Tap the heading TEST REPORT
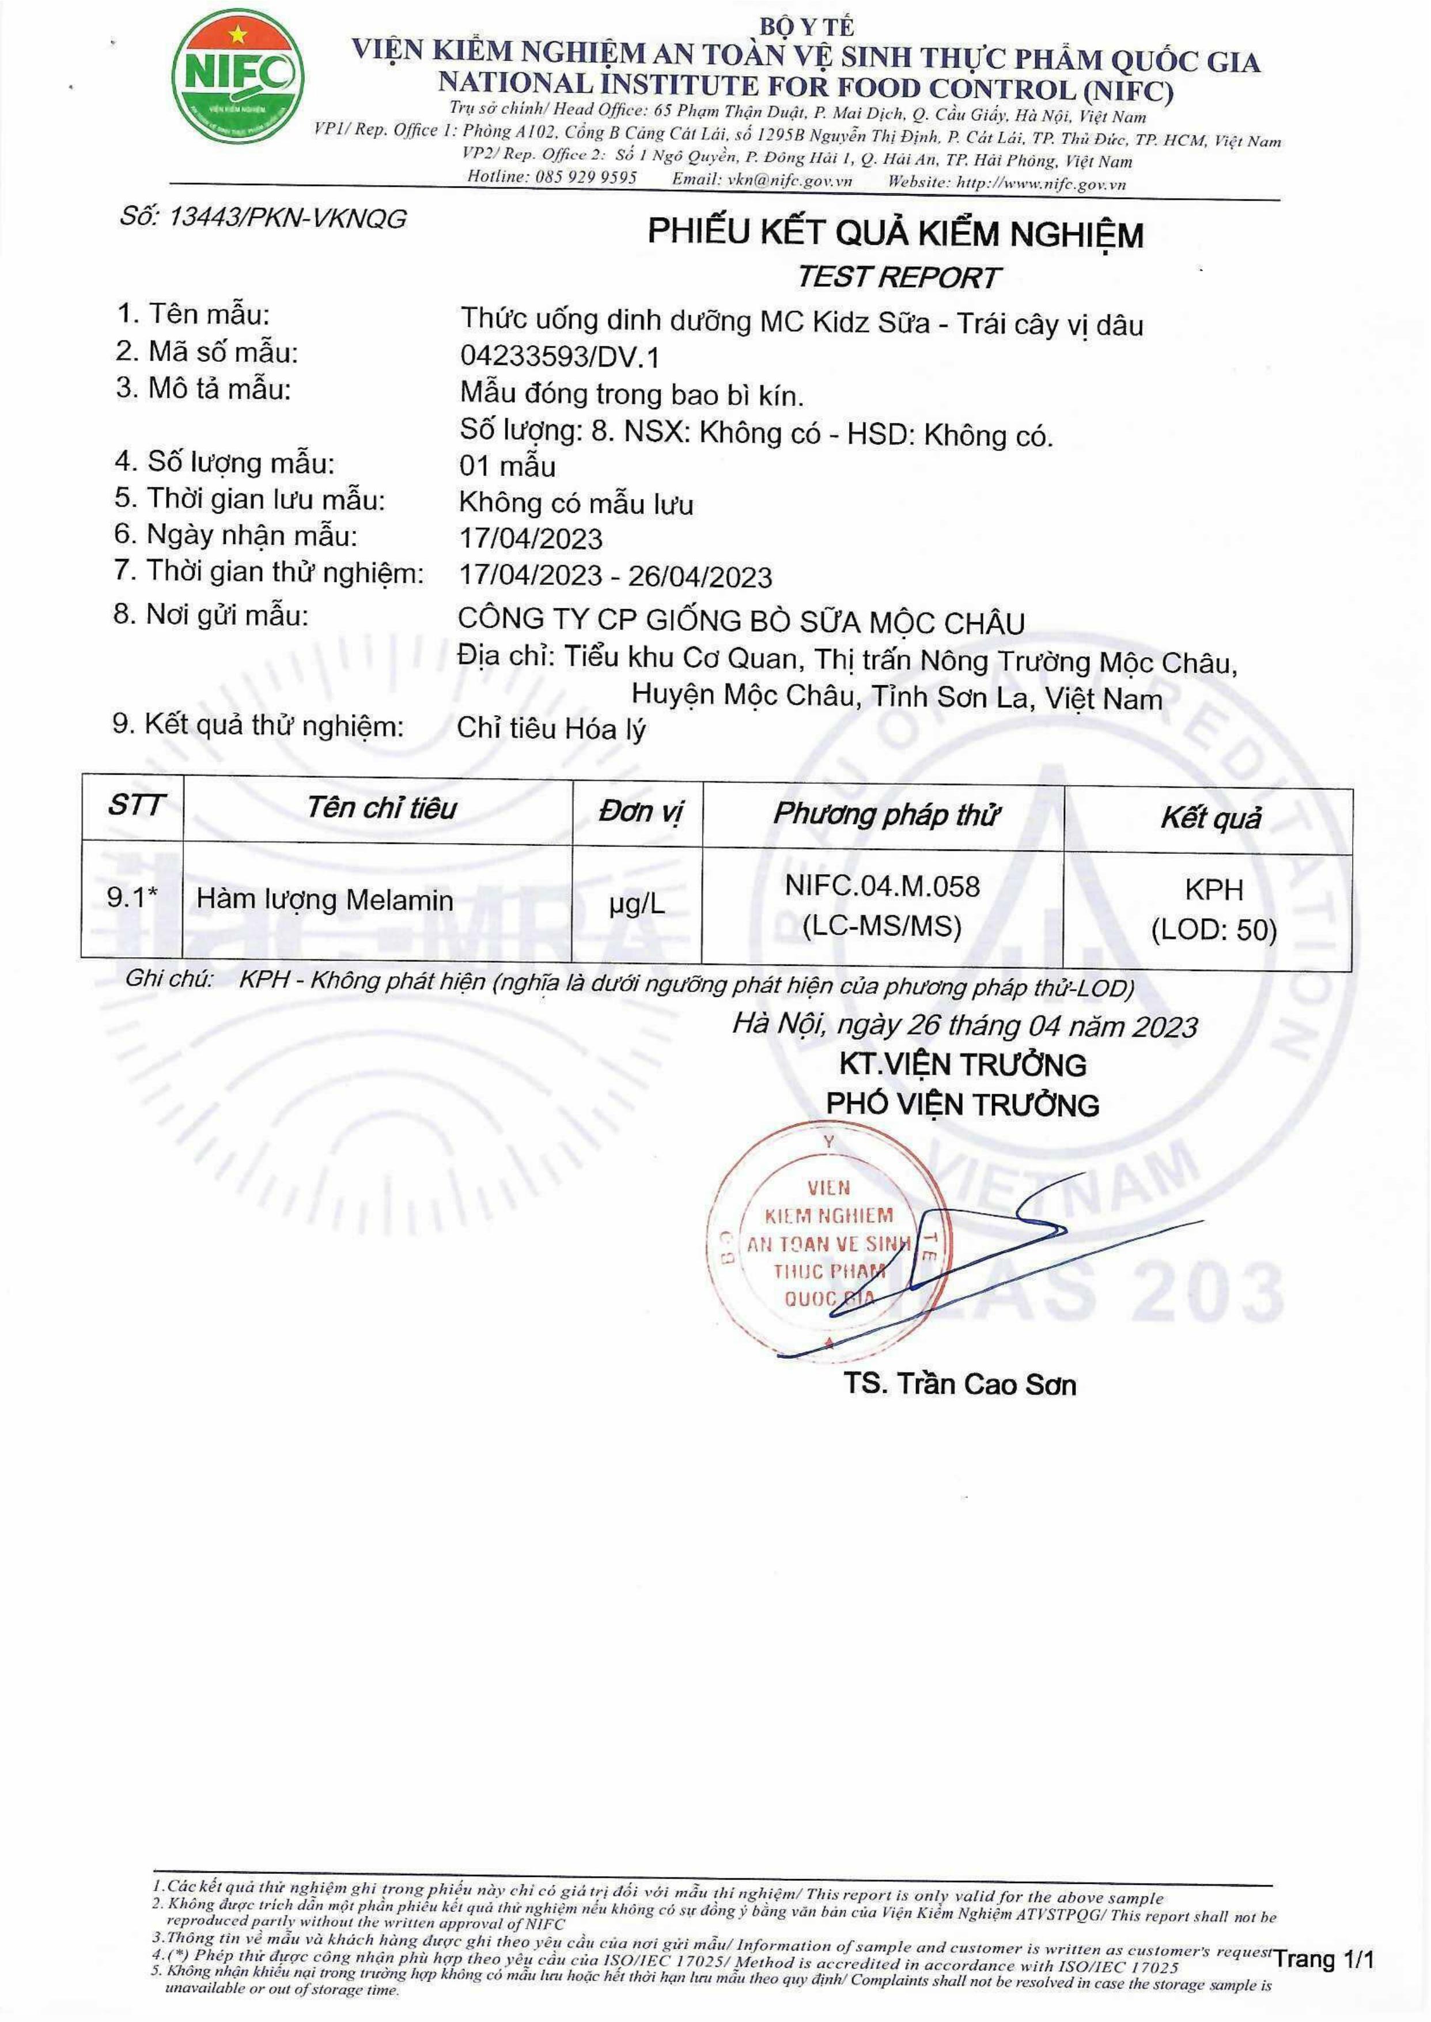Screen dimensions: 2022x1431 tap(898, 277)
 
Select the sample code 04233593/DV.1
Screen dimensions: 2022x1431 tap(559, 356)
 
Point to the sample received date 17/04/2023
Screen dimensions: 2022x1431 tap(531, 539)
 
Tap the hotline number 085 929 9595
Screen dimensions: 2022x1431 tap(585, 177)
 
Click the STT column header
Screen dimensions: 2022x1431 tap(135, 806)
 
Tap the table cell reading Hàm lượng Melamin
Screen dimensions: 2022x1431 tap(324, 900)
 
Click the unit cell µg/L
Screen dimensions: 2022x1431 tap(637, 904)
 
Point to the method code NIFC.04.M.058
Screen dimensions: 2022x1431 tap(882, 886)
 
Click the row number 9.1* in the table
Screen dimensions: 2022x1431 tap(132, 897)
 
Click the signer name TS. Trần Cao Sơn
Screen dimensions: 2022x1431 tap(960, 1384)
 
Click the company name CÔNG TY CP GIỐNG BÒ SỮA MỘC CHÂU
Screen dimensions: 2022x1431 tap(741, 621)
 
